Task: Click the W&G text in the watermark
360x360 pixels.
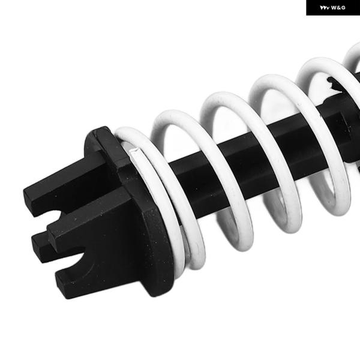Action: click(x=338, y=8)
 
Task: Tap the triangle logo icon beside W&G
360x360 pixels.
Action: click(x=325, y=8)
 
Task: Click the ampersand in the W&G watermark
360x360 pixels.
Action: click(x=338, y=8)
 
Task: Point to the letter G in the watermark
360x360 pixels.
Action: click(x=343, y=8)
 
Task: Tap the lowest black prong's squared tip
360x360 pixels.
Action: click(x=61, y=284)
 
